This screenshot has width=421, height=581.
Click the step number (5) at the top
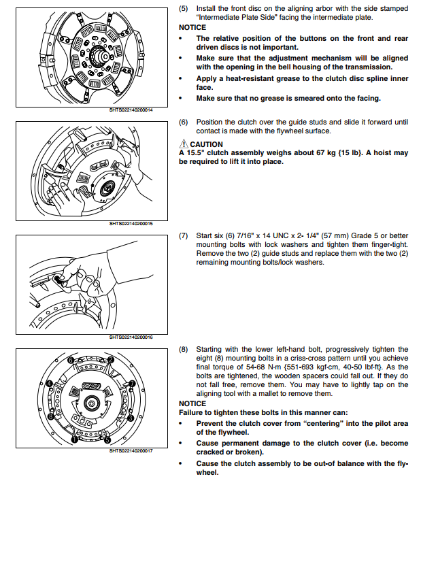(184, 8)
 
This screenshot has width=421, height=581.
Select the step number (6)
(184, 122)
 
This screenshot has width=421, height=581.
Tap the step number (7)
(184, 235)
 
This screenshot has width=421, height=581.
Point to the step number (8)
(184, 349)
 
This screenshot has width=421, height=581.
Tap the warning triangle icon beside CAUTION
(184, 144)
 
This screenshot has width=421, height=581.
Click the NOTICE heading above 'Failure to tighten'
(192, 403)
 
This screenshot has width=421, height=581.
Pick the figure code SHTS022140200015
(131, 223)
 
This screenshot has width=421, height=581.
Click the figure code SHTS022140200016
(131, 337)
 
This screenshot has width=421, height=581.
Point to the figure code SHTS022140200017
(131, 450)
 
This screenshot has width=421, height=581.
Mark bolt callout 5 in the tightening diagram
(107, 438)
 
